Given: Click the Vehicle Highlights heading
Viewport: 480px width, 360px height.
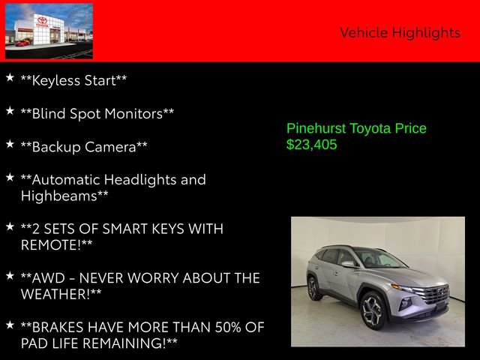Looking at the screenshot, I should point(400,32).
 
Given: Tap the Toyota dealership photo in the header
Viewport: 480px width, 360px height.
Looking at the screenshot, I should point(49,31).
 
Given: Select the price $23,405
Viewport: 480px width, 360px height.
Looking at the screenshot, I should point(312,145).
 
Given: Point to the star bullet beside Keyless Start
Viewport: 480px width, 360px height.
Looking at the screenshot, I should point(10,78).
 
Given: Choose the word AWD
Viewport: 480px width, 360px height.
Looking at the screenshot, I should point(49,277).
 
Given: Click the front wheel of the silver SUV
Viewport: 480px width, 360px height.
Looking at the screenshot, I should point(373,309).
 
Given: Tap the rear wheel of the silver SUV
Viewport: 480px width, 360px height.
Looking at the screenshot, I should point(313,288).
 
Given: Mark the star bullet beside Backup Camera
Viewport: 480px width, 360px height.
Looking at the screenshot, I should point(10,144).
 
